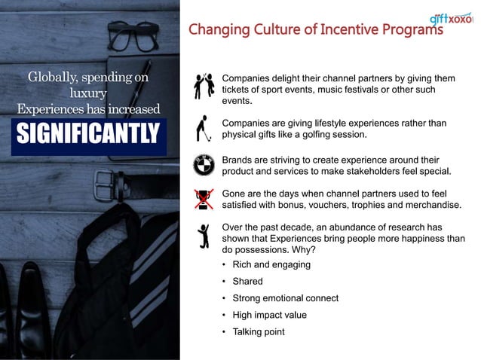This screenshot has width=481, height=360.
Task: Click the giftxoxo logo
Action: pos(450,17)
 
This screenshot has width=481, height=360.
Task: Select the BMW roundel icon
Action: pos(201,163)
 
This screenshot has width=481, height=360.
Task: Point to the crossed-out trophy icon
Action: pos(201,199)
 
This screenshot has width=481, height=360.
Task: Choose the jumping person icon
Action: pos(201,236)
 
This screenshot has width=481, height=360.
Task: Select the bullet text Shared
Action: pos(248,282)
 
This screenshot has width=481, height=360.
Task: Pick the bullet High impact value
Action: pos(270,315)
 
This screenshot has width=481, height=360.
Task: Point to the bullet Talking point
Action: pos(259,332)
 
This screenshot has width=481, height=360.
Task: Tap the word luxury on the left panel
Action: pos(87,93)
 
